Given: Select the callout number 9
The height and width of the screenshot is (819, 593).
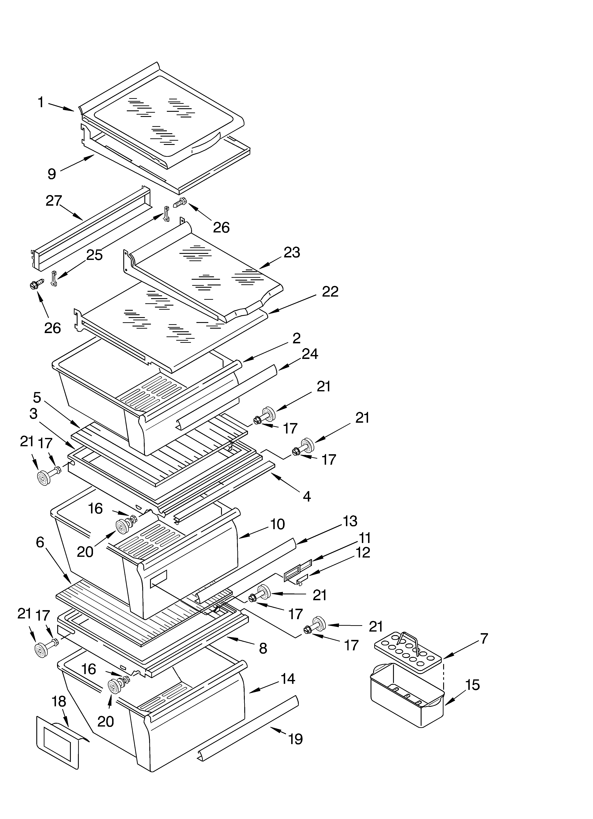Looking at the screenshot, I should click(52, 174).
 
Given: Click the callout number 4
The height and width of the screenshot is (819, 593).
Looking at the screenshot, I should click(307, 497).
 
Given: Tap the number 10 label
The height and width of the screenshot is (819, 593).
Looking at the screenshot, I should click(277, 524).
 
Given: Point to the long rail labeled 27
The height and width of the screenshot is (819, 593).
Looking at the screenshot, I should click(90, 227).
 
